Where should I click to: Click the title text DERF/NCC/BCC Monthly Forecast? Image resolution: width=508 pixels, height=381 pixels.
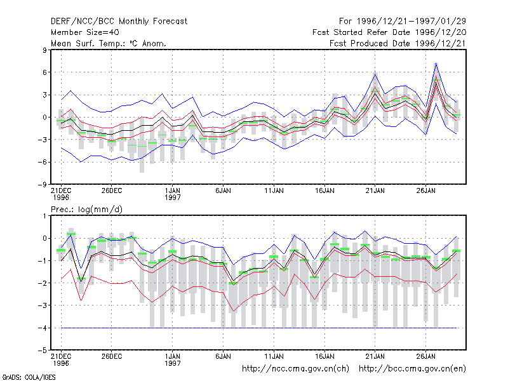point(119,22)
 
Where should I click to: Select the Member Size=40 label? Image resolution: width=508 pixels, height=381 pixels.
point(85,32)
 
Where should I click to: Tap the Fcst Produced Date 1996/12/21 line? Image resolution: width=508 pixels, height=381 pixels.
point(398,43)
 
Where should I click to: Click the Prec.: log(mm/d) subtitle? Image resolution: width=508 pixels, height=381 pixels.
point(86,210)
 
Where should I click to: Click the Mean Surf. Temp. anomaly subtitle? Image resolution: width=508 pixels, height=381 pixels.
point(109,43)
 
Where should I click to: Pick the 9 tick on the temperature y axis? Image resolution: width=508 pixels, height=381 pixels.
point(44,50)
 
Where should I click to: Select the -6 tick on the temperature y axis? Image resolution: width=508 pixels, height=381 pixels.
point(42,162)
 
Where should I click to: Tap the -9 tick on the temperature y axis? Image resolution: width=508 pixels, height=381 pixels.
point(42,185)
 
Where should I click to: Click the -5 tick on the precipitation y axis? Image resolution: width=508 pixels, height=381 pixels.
point(42,351)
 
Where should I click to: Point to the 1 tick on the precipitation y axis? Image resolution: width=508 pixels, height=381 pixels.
point(44,216)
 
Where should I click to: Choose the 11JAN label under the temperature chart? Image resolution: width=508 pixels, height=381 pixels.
point(274,191)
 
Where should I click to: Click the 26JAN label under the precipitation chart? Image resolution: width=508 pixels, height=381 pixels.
point(425,356)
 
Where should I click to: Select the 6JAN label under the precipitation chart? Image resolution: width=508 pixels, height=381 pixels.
point(224,356)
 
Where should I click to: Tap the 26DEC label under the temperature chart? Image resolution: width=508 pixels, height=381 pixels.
point(112,191)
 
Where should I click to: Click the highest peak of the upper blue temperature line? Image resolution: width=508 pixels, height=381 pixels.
point(436,63)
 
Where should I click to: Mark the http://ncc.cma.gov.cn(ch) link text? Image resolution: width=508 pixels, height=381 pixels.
point(295,369)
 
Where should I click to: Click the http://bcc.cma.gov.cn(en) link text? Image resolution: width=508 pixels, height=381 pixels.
point(412,369)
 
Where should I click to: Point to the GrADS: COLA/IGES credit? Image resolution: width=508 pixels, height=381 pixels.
point(29,377)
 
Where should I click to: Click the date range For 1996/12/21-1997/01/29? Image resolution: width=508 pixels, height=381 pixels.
point(403,22)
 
